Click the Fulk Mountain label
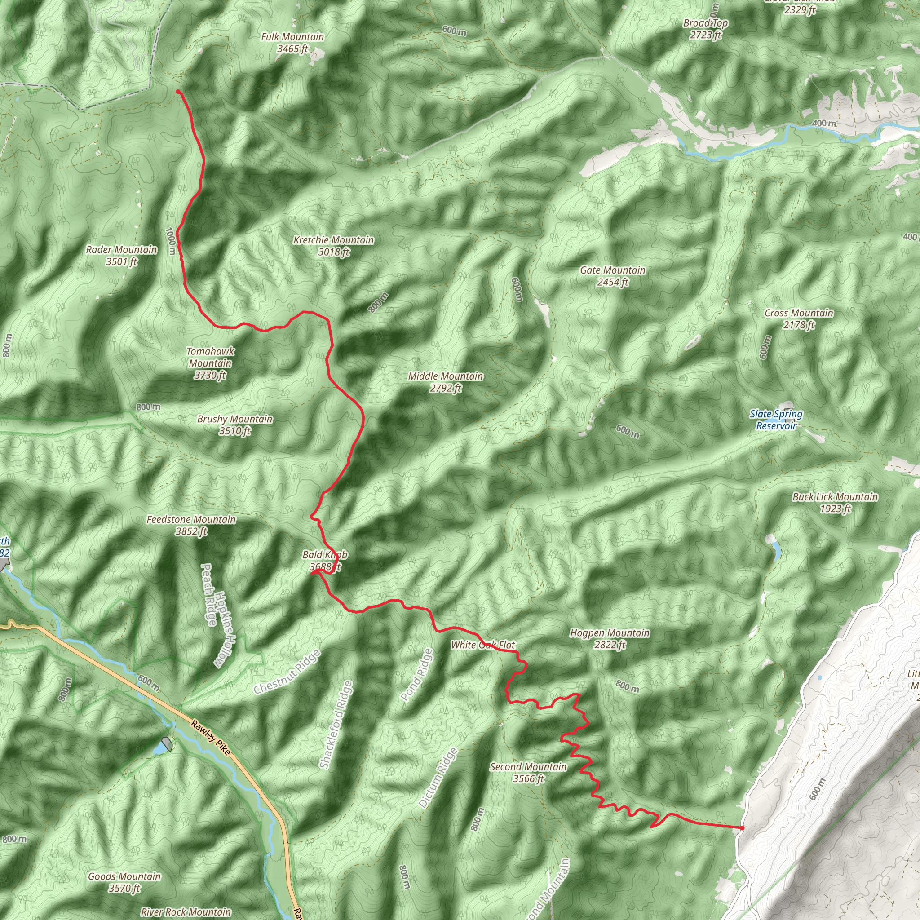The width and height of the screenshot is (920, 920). click(x=292, y=42)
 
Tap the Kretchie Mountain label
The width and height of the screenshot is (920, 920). click(x=333, y=246)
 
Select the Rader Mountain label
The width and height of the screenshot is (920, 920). click(x=121, y=255)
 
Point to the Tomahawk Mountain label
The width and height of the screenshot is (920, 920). click(x=210, y=363)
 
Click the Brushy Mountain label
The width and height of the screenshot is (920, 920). click(x=235, y=425)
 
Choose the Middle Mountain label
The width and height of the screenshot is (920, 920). click(x=446, y=382)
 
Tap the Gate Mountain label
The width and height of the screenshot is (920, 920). click(x=612, y=276)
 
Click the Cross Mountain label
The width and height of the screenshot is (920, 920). click(x=799, y=318)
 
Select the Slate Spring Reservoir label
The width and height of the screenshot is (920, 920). click(x=776, y=420)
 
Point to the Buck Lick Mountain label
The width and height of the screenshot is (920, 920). click(x=835, y=502)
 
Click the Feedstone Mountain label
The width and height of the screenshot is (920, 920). click(x=191, y=525)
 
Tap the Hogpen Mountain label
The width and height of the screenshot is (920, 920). click(x=610, y=639)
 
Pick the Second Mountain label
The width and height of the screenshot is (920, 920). click(x=528, y=772)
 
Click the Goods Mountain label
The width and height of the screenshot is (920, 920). click(x=124, y=882)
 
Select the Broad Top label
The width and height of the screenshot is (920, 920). click(x=705, y=29)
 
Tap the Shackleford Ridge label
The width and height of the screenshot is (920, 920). click(x=336, y=724)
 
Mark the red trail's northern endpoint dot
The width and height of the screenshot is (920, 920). click(x=177, y=92)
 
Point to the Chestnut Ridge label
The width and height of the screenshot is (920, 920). click(x=287, y=672)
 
